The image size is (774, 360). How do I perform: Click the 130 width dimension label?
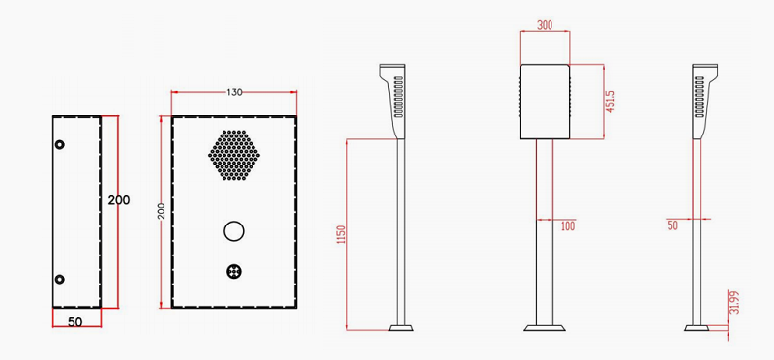(x=234, y=92)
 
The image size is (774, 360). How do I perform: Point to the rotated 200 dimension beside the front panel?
(x=162, y=212)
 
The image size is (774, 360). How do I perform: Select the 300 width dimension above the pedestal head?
(x=545, y=26)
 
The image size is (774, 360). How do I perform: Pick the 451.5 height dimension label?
(x=610, y=102)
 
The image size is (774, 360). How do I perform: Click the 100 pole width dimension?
(x=567, y=225)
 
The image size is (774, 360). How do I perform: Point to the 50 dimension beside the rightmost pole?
(x=671, y=225)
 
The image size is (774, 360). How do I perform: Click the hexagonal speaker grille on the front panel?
(x=233, y=155)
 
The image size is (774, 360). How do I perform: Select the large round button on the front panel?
(x=233, y=231)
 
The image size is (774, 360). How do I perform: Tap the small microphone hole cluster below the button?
(x=233, y=272)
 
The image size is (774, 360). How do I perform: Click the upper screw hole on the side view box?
(x=60, y=144)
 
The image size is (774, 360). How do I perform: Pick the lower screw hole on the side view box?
(x=60, y=280)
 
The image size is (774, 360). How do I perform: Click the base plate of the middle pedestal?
(x=545, y=327)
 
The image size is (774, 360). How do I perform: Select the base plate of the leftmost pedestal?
(x=403, y=327)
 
